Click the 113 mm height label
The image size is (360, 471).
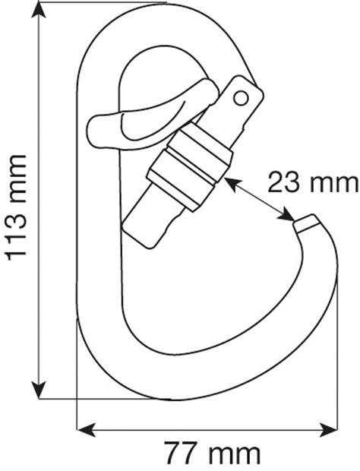tap(17, 207)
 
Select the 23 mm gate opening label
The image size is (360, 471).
tap(312, 182)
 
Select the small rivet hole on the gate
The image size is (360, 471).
tap(242, 96)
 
